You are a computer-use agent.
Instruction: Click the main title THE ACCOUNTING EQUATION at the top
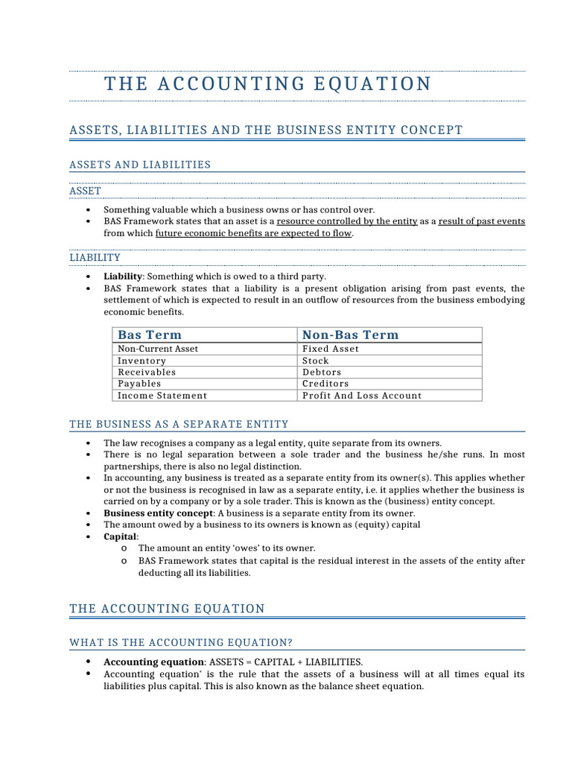coord(267,83)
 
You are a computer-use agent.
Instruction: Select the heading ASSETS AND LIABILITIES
coord(140,165)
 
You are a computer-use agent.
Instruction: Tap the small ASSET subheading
coord(85,191)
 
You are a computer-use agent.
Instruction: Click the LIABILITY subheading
coord(95,258)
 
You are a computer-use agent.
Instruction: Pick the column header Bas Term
coord(150,335)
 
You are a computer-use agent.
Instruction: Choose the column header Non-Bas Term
coord(350,335)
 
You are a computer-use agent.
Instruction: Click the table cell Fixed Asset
coord(331,349)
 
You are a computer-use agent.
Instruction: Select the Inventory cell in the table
coord(142,361)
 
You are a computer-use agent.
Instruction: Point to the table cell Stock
coord(316,361)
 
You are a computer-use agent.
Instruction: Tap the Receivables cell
coord(147,372)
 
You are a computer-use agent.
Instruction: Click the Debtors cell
coord(322,372)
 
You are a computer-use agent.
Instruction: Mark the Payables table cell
coord(139,384)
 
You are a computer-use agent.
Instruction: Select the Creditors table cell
coord(325,384)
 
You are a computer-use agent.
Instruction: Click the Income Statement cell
coord(162,396)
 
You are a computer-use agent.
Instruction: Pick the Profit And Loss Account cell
coord(362,396)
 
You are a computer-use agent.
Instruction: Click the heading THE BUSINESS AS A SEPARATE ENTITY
coord(179,425)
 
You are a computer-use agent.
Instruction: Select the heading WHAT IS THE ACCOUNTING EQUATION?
coord(181,642)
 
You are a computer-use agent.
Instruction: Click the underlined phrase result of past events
coord(482,221)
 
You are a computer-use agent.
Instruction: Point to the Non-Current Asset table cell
coord(158,349)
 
